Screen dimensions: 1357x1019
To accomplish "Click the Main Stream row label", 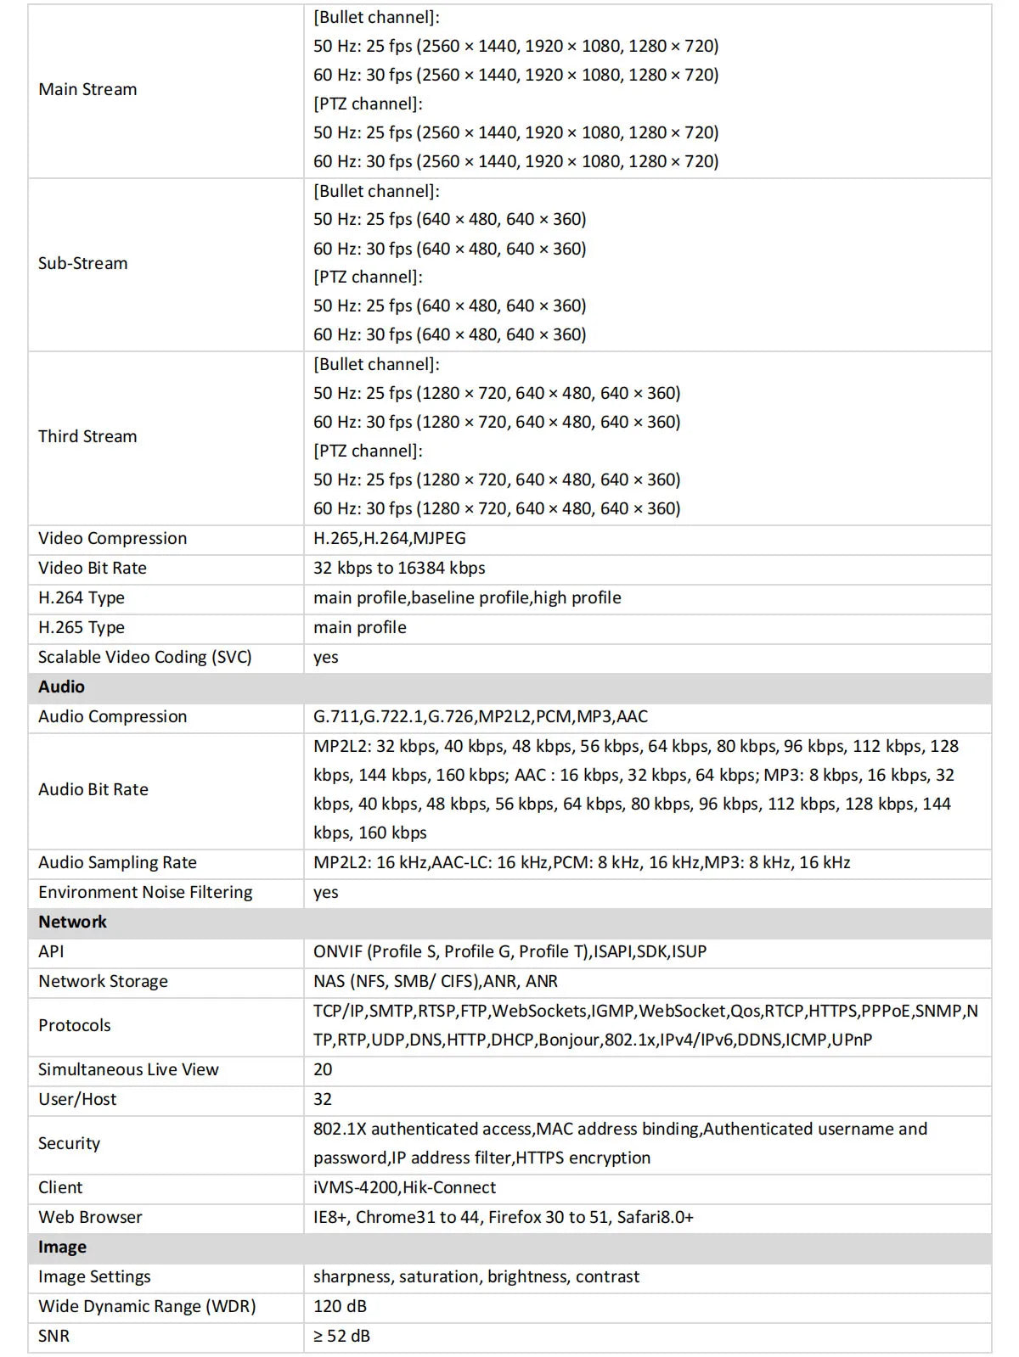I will (x=87, y=89).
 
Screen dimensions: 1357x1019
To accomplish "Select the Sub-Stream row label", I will (x=83, y=263).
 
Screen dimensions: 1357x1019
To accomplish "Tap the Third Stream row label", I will (x=87, y=436).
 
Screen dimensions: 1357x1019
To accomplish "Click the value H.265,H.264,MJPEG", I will (x=389, y=538).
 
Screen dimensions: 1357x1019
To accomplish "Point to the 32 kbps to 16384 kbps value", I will (x=399, y=568).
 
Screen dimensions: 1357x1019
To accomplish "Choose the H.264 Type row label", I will (x=82, y=597).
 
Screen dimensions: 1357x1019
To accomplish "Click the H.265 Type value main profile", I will (x=359, y=627).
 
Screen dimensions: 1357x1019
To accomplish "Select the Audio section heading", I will (x=61, y=687).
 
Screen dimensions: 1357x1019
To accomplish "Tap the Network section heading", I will (x=72, y=922).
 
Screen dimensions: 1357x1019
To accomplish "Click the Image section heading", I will (x=62, y=1247).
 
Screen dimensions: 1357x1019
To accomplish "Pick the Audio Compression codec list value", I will (x=480, y=716).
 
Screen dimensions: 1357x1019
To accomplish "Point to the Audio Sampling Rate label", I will (x=117, y=862).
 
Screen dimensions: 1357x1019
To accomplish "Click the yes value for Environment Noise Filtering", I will (x=325, y=892).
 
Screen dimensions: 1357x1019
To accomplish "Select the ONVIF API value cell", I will (x=509, y=951).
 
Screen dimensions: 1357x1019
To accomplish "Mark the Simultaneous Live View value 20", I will (x=323, y=1069).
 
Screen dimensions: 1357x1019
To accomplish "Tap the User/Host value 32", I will (x=323, y=1099).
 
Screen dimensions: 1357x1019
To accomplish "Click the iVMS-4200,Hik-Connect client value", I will (x=404, y=1187).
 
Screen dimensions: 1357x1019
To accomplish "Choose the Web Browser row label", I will (x=90, y=1217).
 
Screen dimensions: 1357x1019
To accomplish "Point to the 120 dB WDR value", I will (x=340, y=1306).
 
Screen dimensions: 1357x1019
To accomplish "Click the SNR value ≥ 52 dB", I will (x=341, y=1336).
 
